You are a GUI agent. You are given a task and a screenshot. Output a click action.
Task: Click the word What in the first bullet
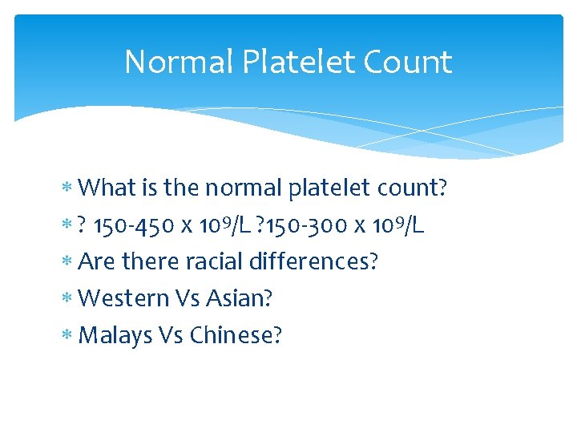coord(108,188)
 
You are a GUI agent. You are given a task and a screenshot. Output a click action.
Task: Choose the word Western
coord(123,299)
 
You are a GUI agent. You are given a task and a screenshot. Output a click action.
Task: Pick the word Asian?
coord(240,299)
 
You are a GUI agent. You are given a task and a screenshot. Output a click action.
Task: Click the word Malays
coord(116,336)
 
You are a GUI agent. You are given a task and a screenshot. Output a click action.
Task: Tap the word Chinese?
coord(236,336)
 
